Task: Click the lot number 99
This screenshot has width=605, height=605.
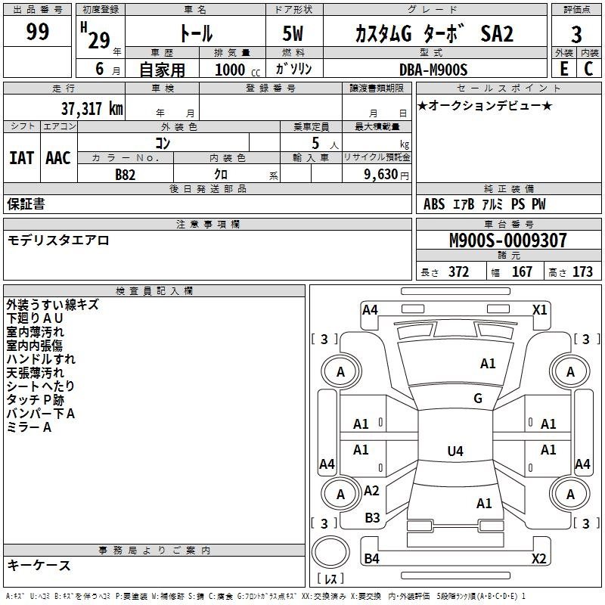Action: click(x=38, y=31)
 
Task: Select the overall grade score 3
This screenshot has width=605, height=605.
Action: click(x=576, y=34)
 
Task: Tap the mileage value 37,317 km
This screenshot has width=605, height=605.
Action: click(x=92, y=108)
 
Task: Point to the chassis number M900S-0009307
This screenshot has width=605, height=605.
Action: click(x=507, y=240)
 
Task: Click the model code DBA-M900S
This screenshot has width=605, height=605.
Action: click(x=433, y=70)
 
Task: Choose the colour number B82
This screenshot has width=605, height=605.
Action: click(x=126, y=175)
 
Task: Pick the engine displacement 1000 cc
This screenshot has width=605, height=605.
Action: click(x=237, y=70)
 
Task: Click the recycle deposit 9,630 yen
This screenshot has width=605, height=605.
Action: click(x=386, y=175)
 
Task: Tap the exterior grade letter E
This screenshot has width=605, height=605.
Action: click(x=564, y=69)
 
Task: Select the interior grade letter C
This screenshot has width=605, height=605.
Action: click(x=588, y=69)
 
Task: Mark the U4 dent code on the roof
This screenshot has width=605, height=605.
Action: click(x=455, y=451)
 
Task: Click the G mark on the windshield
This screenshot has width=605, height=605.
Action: click(x=478, y=398)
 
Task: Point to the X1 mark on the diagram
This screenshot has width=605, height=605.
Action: click(x=539, y=310)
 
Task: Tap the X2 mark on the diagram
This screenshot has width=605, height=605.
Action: click(x=539, y=558)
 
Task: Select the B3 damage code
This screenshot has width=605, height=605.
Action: click(x=372, y=518)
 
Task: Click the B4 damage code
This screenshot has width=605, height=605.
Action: click(x=372, y=558)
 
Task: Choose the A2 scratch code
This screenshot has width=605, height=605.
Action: click(x=371, y=491)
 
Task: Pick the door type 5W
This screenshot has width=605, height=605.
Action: click(x=293, y=33)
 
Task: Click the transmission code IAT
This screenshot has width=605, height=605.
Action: click(x=21, y=158)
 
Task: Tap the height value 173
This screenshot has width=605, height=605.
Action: click(x=582, y=271)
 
